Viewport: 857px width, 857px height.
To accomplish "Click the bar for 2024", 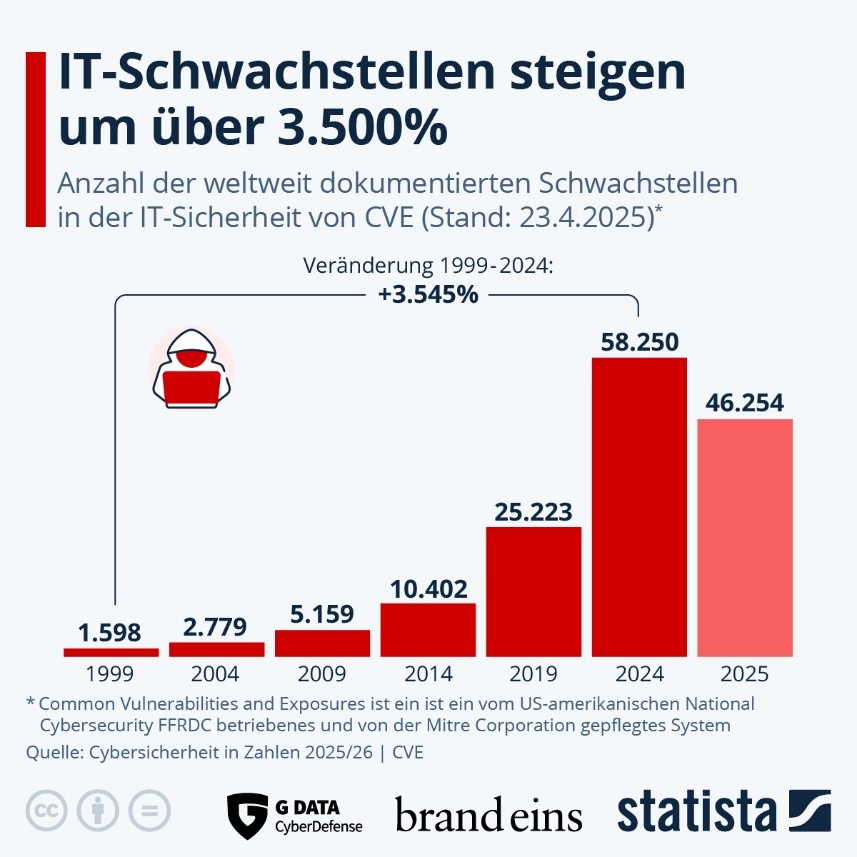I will [x=639, y=506].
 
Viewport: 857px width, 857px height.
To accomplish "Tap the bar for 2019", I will [x=533, y=591].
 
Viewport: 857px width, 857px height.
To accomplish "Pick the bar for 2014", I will [x=428, y=629].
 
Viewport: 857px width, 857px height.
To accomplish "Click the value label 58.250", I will [x=639, y=341].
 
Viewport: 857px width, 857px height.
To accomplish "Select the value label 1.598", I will [x=110, y=632].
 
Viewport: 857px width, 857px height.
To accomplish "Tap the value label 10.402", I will [x=428, y=587].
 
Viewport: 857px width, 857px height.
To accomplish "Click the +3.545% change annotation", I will [x=428, y=295].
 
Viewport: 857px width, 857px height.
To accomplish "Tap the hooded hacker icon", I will [x=191, y=366].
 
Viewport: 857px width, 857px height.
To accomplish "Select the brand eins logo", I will [x=488, y=814].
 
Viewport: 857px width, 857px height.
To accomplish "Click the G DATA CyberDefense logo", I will [x=294, y=814].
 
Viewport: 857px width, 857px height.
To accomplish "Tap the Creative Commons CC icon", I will [x=46, y=810].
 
